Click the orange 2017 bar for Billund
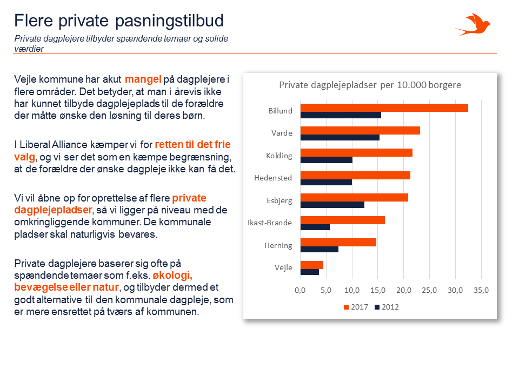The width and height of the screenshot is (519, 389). [x=384, y=108]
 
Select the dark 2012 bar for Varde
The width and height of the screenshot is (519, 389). [x=340, y=138]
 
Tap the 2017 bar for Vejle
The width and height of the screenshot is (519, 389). [x=312, y=265]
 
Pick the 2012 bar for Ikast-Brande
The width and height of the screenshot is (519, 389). [x=315, y=227]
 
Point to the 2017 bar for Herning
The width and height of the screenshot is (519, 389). [x=338, y=243]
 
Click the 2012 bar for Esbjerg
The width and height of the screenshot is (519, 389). [x=332, y=205]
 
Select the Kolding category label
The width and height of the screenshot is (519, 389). [x=279, y=156]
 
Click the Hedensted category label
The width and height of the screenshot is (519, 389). [x=273, y=178]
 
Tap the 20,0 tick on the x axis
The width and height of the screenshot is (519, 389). [x=403, y=290]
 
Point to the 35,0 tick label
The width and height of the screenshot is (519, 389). [x=481, y=290]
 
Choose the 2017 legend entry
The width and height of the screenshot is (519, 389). [x=356, y=307]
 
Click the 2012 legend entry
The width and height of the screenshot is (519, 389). [x=387, y=307]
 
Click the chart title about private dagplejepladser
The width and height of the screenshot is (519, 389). [x=370, y=85]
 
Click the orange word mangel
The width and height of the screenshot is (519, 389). [x=143, y=79]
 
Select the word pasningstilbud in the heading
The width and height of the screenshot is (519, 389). [x=169, y=21]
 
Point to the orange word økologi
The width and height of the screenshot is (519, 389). [x=172, y=275]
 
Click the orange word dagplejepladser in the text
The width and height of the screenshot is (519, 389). [x=54, y=210]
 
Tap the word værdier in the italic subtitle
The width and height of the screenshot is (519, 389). [x=29, y=49]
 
